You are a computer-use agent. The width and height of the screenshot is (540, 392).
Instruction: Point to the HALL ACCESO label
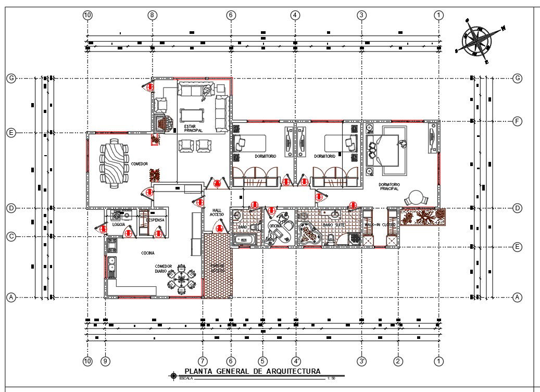[217, 212]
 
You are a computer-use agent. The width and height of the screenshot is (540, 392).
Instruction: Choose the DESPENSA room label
[156, 220]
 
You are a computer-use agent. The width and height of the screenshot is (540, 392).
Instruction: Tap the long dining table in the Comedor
[114, 163]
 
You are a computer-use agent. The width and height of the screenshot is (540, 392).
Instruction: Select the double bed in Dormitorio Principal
[388, 150]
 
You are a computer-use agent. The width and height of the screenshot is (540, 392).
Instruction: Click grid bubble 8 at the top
[152, 16]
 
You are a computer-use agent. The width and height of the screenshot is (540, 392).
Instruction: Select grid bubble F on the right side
[517, 122]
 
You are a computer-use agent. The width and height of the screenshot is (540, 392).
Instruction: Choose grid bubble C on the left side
[11, 236]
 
